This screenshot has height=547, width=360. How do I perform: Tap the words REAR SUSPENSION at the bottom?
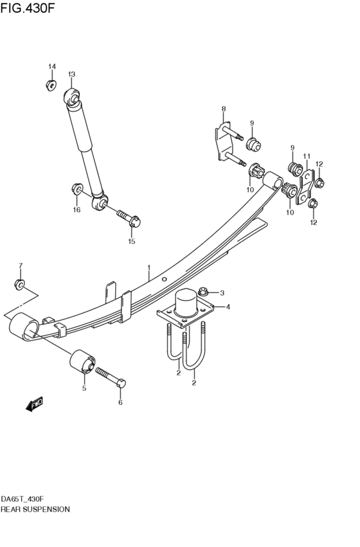point(35,509)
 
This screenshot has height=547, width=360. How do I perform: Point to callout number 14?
point(52,67)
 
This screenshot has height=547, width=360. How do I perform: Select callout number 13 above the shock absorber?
point(71,74)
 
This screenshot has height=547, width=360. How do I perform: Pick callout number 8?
point(223,109)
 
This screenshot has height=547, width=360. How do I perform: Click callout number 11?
point(307,156)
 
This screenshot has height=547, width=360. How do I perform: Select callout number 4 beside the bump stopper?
point(227,307)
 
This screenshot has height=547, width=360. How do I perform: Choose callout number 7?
point(20,265)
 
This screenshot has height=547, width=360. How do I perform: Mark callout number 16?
point(76,210)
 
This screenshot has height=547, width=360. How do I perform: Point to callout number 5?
point(83,388)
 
